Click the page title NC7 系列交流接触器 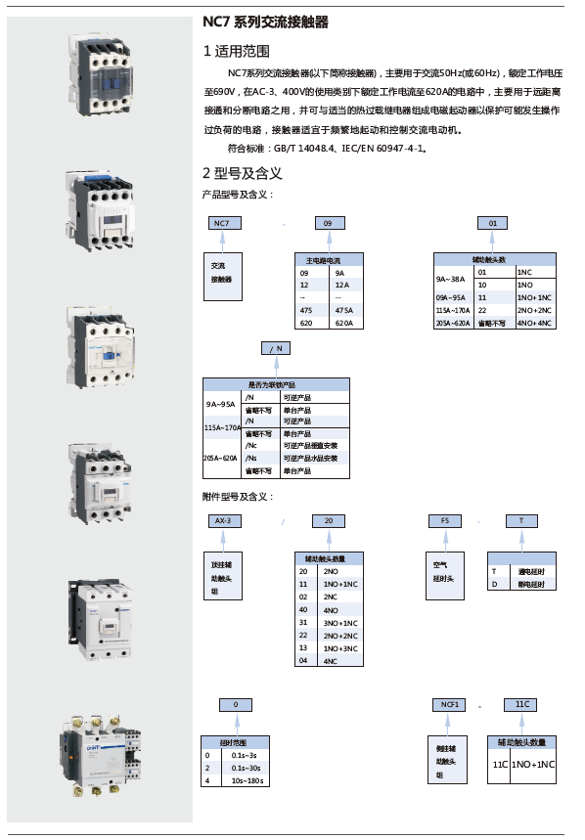(x=265, y=22)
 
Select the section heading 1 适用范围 (x=236, y=51)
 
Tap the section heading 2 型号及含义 (x=242, y=173)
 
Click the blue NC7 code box (x=222, y=223)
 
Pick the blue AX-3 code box (x=222, y=521)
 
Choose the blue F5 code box (x=445, y=521)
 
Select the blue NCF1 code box (x=451, y=704)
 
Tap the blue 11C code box (x=520, y=704)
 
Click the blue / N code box (x=276, y=348)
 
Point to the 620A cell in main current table (x=343, y=322)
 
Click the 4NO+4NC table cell (x=533, y=322)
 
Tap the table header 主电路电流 (x=329, y=259)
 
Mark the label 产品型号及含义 (x=231, y=194)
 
